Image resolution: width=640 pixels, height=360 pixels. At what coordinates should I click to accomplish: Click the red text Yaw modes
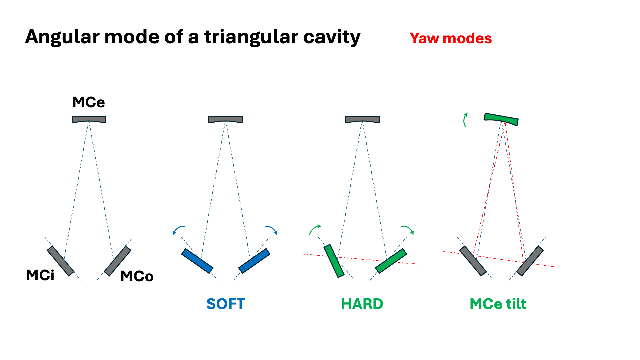(451, 38)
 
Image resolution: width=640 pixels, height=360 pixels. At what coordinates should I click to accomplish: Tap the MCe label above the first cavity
(89, 102)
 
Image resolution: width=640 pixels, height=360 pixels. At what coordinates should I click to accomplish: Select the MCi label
(40, 275)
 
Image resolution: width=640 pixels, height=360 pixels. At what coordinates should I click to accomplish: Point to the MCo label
(137, 276)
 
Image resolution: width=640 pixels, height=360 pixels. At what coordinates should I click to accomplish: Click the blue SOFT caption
(226, 304)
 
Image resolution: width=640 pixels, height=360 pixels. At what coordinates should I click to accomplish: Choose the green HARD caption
(362, 304)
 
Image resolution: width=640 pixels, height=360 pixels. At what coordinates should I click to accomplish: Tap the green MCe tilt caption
(498, 304)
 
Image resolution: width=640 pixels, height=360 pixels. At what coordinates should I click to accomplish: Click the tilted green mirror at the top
(501, 119)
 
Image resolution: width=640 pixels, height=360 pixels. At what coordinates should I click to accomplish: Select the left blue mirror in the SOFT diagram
(197, 261)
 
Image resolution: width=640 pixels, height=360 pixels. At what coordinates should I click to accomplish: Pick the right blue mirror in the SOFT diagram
(254, 261)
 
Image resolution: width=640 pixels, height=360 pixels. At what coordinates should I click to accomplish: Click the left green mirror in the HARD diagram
(334, 261)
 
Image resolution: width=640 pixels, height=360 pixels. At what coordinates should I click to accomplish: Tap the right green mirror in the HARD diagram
(391, 261)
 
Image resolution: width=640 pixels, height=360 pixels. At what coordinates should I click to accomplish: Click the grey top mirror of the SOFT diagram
(225, 119)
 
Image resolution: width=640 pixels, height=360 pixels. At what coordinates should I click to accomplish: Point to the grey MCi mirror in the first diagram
(60, 261)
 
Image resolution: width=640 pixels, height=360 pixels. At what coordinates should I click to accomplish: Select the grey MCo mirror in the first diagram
(117, 261)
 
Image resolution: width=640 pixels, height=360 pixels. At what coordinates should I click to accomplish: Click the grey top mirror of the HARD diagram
(362, 119)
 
